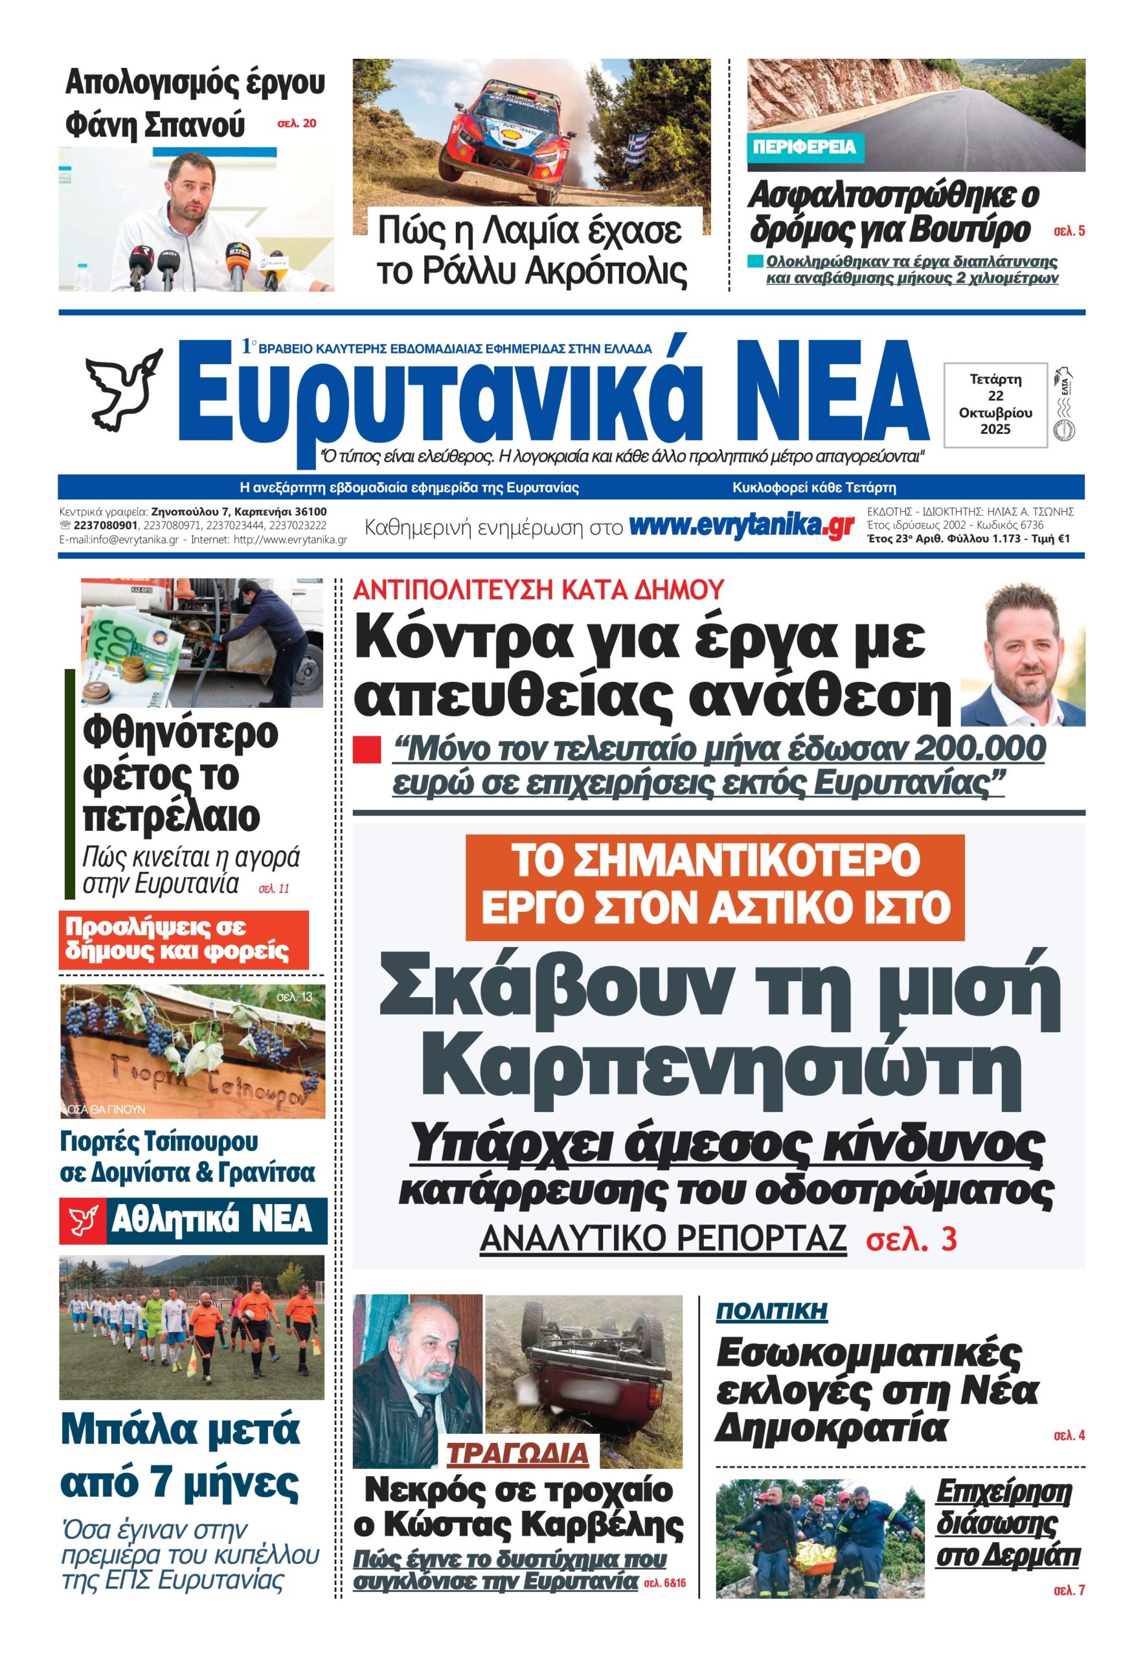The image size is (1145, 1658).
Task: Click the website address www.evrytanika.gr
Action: coord(741,527)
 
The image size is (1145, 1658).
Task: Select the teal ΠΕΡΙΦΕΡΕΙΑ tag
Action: coord(805,147)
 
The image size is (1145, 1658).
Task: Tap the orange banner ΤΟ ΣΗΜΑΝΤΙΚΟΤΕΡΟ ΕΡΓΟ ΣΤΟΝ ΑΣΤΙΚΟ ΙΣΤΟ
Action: coord(715,887)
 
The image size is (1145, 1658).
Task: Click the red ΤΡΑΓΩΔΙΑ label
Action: coord(518,1453)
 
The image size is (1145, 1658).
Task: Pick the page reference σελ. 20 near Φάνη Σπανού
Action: coord(297,124)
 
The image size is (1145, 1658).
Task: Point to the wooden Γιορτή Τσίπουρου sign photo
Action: coord(192,1051)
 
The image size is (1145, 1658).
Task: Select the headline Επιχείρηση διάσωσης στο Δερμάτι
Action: coord(1007,1523)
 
